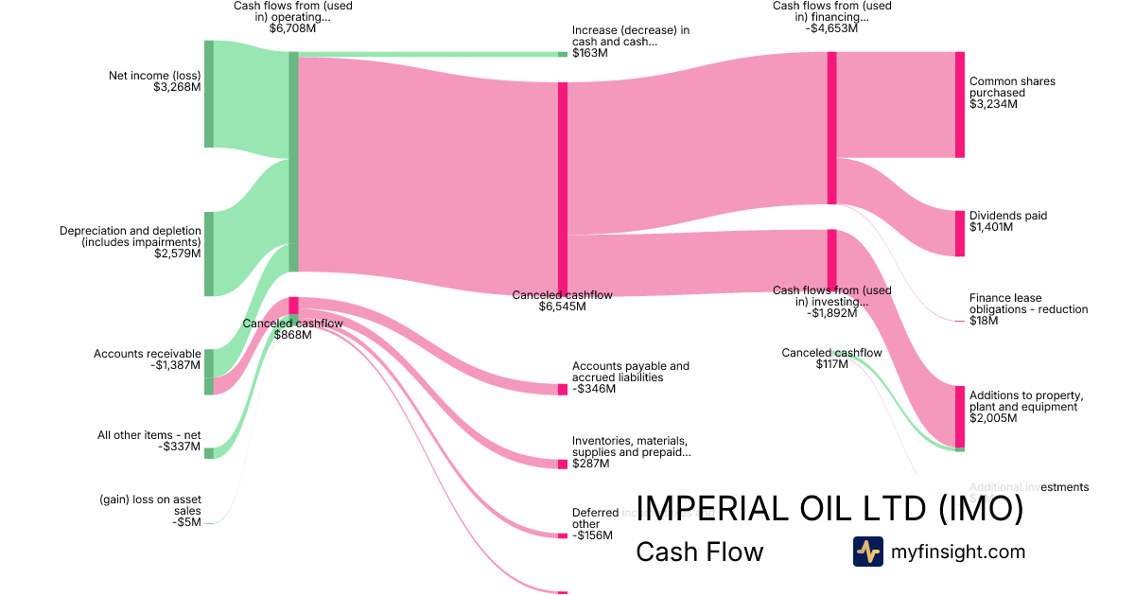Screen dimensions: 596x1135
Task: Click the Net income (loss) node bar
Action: [x=209, y=94]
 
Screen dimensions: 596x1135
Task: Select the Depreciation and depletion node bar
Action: [x=209, y=254]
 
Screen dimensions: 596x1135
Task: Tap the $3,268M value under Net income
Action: [x=177, y=87]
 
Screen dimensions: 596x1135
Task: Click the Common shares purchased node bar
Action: [x=959, y=105]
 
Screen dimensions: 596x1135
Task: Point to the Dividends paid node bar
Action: [x=959, y=234]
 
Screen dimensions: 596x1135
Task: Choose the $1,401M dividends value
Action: [x=990, y=227]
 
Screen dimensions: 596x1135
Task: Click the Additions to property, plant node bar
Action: [x=959, y=416]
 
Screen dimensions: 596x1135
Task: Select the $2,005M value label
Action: [x=993, y=418]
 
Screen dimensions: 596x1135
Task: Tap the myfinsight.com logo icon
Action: [x=867, y=552]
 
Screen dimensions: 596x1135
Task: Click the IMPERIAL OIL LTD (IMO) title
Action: [x=829, y=509]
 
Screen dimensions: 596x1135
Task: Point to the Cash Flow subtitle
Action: [x=699, y=552]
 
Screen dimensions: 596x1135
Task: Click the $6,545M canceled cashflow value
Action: [x=562, y=307]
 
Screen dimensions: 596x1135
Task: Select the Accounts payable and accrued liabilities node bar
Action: [x=562, y=389]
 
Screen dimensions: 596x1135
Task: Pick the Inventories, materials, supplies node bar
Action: [x=562, y=464]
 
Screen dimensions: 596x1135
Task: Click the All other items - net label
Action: [x=149, y=435]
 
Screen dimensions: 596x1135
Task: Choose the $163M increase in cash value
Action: [x=589, y=53]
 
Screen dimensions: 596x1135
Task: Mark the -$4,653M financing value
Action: [x=831, y=28]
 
